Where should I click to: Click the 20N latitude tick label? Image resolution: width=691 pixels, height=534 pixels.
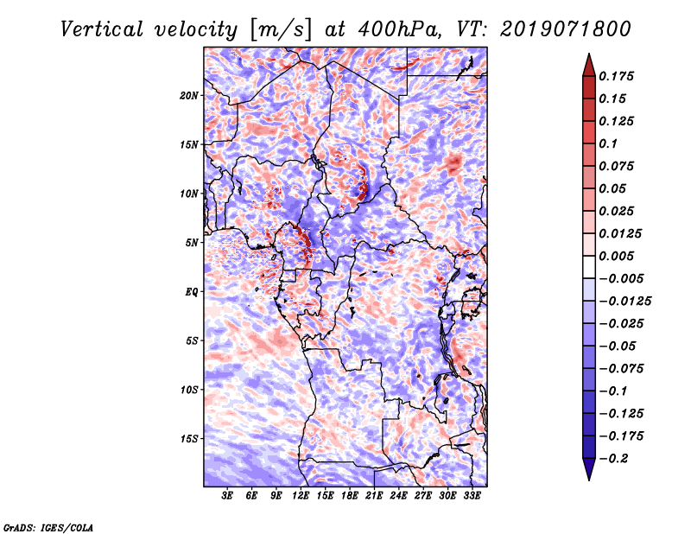(189, 95)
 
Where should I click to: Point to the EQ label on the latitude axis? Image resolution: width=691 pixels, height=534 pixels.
(192, 292)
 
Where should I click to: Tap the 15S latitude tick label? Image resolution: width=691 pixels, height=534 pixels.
(189, 439)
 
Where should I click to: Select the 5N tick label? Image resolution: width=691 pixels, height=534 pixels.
(192, 243)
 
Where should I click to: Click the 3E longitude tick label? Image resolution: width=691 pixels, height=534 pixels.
(228, 496)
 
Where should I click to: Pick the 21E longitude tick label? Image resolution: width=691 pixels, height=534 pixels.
(374, 496)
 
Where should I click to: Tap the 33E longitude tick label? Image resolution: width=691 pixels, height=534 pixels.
(472, 496)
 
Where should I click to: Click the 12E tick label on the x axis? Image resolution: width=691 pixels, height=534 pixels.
(301, 496)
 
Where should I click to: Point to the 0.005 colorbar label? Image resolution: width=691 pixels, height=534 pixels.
(618, 256)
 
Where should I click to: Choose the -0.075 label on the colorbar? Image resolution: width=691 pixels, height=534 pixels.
(621, 368)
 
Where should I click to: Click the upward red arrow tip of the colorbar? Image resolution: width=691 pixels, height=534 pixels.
(587, 58)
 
